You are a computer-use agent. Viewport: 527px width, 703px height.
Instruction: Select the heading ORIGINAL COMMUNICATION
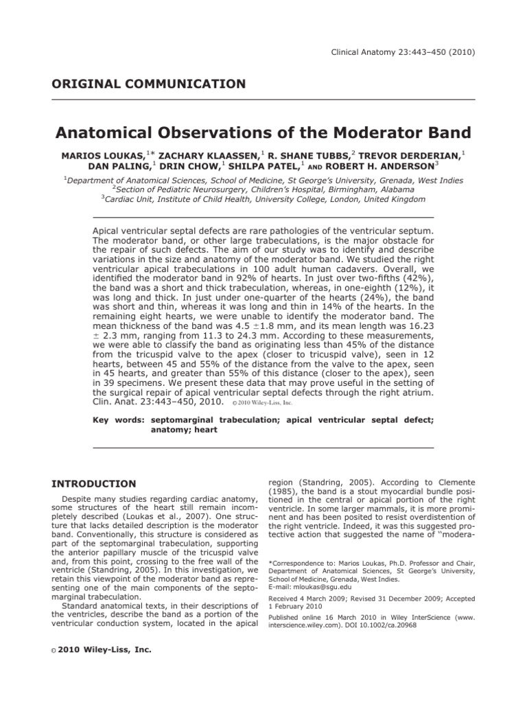[149, 84]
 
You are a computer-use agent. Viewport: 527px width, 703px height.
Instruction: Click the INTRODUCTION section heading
[94, 484]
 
